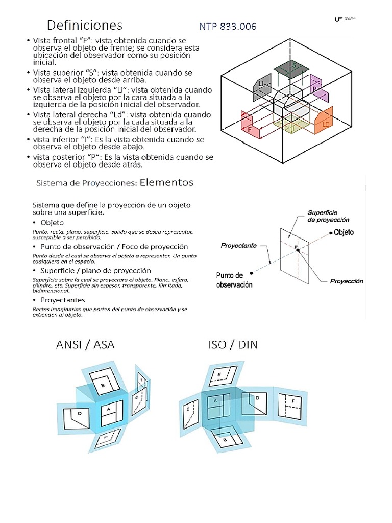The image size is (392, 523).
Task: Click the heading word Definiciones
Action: coord(85,25)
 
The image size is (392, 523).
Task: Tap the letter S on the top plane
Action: coord(294,66)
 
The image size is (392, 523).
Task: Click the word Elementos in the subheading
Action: coord(166,182)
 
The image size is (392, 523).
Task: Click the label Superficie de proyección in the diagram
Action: coord(329,216)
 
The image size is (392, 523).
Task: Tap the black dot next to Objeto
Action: coord(329,233)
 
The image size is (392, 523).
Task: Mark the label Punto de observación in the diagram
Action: coord(234,280)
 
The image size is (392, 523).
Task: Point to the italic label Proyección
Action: coord(346,281)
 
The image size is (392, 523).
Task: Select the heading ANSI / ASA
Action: coord(85,345)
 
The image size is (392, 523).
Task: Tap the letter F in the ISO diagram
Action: coord(293,401)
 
